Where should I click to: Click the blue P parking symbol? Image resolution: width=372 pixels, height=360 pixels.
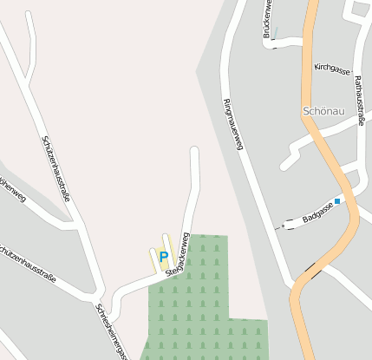point(163,256)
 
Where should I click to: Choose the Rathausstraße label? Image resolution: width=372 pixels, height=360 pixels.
point(358,100)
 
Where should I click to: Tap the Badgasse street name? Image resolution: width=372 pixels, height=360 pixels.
point(318,214)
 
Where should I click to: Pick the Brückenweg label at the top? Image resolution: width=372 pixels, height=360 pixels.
point(268,19)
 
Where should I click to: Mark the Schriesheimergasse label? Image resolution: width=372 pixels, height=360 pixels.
point(112,331)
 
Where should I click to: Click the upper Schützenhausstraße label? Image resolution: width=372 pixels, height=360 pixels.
point(55,169)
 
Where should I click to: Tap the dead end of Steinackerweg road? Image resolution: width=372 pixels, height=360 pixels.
point(194,152)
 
